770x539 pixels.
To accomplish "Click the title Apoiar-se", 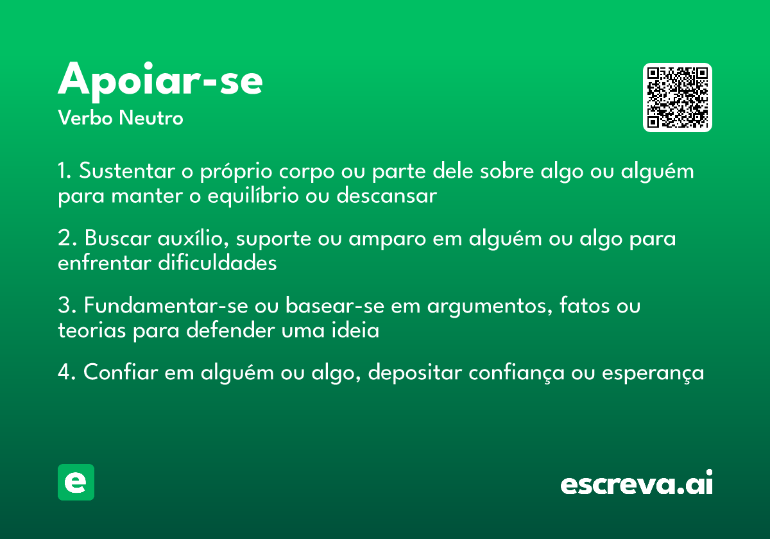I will pyautogui.click(x=160, y=80).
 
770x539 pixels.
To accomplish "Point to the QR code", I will pyautogui.click(x=678, y=98).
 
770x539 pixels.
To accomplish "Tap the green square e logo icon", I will pyautogui.click(x=76, y=482).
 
